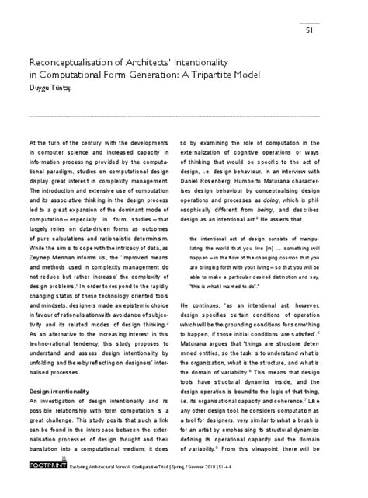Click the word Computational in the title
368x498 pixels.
coord(75,74)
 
